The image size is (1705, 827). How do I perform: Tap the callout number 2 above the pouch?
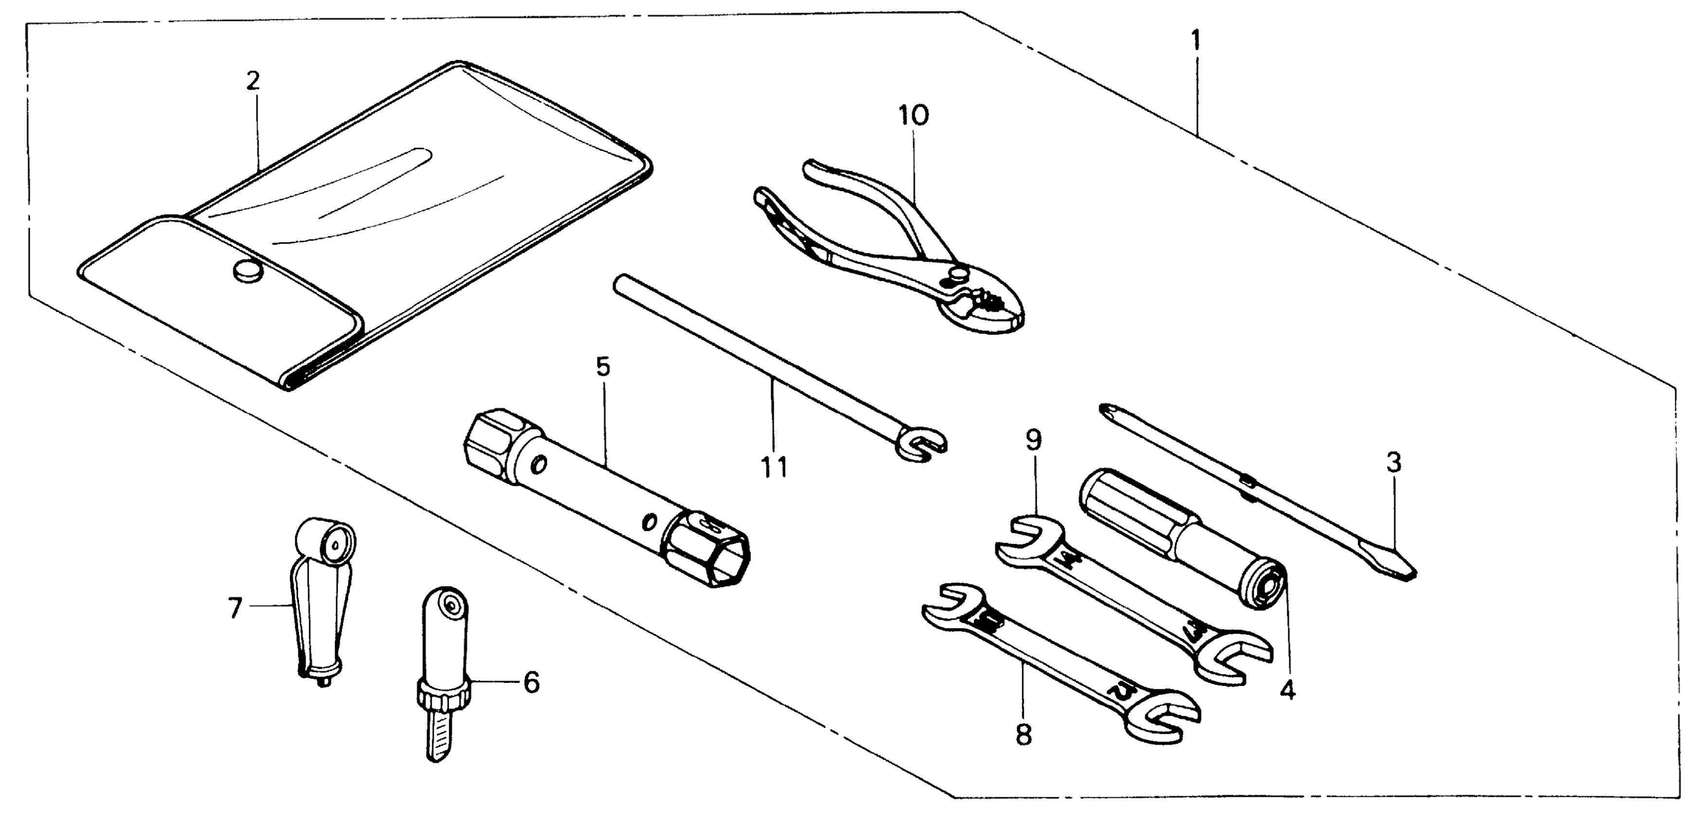pyautogui.click(x=253, y=81)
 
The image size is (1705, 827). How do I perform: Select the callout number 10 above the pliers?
pyautogui.click(x=913, y=115)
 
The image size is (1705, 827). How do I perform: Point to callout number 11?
pyautogui.click(x=774, y=467)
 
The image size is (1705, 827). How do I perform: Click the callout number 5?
pyautogui.click(x=603, y=366)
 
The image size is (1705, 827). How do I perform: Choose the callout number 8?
pyautogui.click(x=1023, y=734)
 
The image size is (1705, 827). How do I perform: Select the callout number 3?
pyautogui.click(x=1394, y=463)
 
